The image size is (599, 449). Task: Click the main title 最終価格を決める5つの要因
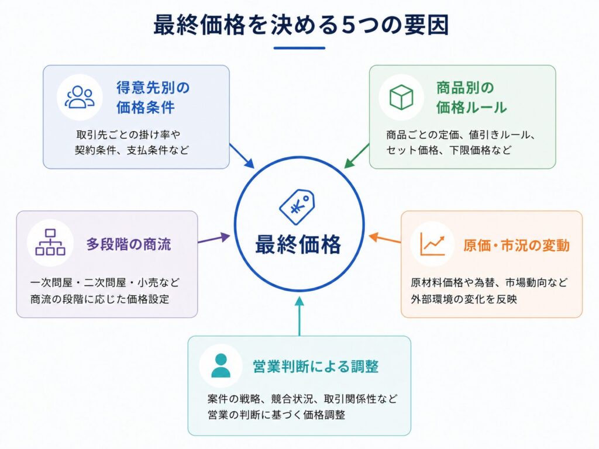tap(301, 25)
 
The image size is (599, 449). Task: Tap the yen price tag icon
tap(297, 206)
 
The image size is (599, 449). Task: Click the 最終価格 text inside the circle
tap(298, 244)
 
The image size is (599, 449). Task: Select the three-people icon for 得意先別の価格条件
tap(80, 98)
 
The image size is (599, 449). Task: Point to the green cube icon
tap(401, 97)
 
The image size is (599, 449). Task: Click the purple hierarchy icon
tap(50, 242)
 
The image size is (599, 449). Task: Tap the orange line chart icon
tap(432, 244)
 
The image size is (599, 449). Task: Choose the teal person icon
tap(221, 365)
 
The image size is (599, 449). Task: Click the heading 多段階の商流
tap(129, 244)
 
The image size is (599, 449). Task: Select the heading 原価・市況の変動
tap(516, 245)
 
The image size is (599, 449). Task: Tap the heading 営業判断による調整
tap(315, 366)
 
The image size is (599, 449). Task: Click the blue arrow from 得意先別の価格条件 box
tap(242, 156)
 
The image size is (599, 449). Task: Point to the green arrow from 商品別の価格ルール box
tap(357, 156)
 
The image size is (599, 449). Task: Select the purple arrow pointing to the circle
tap(214, 239)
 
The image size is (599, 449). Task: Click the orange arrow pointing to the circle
tap(385, 239)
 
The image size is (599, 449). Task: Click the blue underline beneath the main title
tap(299, 48)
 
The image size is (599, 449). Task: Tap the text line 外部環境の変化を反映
tap(464, 299)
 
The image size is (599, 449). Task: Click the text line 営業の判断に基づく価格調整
tap(276, 415)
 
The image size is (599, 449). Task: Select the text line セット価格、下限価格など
tap(449, 150)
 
